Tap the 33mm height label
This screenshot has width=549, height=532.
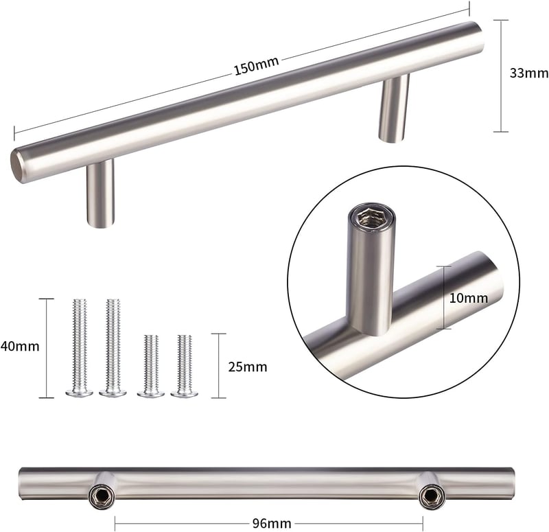pyautogui.click(x=528, y=73)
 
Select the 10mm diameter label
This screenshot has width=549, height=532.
pyautogui.click(x=469, y=298)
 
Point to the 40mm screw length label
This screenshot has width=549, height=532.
pyautogui.click(x=20, y=347)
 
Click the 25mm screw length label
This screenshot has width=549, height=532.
pyautogui.click(x=248, y=367)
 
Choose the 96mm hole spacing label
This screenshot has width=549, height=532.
pyautogui.click(x=272, y=524)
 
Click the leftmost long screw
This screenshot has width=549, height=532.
pyautogui.click(x=79, y=348)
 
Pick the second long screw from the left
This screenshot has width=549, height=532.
pyautogui.click(x=113, y=348)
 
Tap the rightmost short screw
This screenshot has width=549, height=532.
pyautogui.click(x=185, y=366)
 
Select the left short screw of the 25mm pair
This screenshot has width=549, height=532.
pyautogui.click(x=151, y=366)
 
